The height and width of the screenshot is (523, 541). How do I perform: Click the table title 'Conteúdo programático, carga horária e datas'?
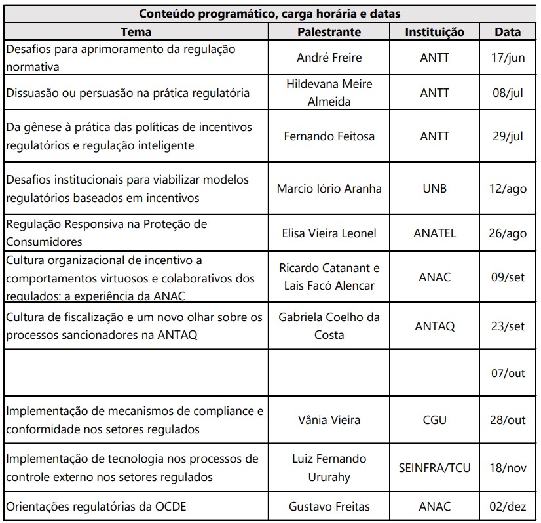(270, 12)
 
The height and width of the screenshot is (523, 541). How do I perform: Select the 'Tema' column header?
(136, 31)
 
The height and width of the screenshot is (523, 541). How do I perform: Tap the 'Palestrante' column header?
(329, 31)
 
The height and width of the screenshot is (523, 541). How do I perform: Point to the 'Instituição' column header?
(434, 31)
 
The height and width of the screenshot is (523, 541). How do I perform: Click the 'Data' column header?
(508, 31)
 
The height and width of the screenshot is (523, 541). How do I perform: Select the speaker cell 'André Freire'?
(329, 58)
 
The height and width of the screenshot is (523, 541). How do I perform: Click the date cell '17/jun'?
(508, 58)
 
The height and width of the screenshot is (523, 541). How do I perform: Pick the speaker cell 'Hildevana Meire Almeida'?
(329, 92)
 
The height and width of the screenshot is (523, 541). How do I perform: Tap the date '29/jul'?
(508, 136)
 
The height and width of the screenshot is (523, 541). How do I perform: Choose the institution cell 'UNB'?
(434, 189)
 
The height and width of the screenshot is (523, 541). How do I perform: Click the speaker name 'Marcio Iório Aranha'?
(329, 189)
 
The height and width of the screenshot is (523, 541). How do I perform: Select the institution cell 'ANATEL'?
(434, 233)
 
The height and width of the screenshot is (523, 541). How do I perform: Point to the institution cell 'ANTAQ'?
(434, 326)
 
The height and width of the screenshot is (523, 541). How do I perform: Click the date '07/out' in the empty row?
(508, 373)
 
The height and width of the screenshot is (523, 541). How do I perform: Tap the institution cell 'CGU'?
(434, 420)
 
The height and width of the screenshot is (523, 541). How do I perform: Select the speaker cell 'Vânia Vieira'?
(329, 420)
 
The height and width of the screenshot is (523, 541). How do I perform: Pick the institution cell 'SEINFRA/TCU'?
(434, 468)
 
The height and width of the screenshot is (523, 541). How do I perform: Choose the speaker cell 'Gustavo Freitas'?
(329, 506)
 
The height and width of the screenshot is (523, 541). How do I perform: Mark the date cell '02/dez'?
(508, 506)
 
